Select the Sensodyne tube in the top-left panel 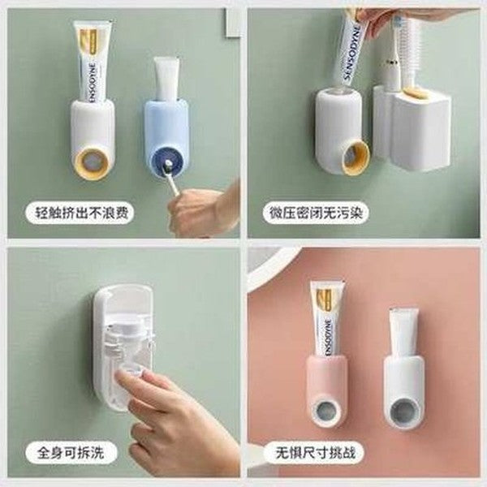click(91, 61)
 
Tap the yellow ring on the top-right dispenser click(356, 157)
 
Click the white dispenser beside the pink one click(403, 381)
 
